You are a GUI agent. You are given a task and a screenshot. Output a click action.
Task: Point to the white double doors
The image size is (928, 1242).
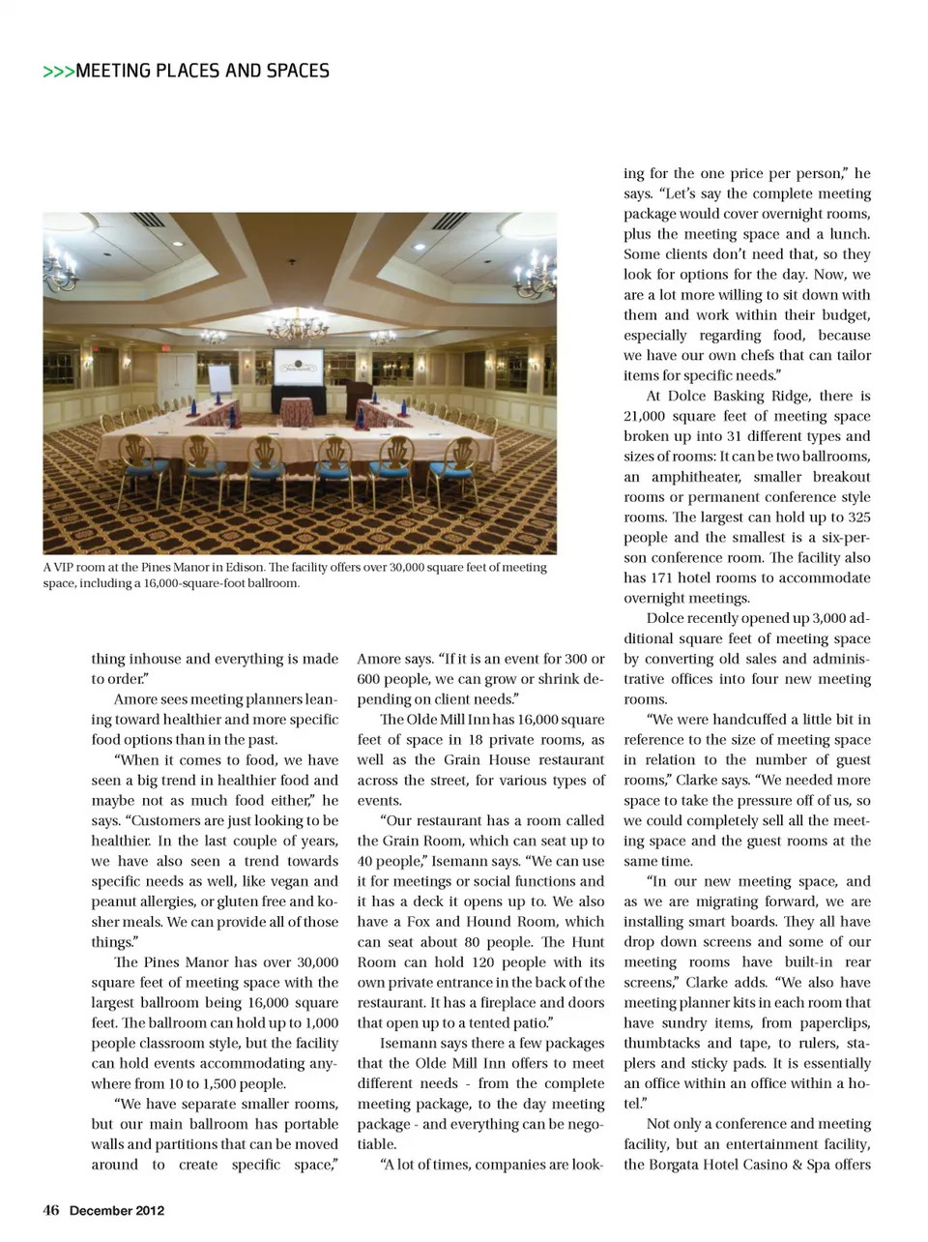pos(177,378)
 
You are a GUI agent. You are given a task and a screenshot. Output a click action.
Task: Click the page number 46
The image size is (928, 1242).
pos(51,1210)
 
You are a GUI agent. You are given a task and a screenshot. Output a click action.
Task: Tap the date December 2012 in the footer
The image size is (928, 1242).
pos(117,1210)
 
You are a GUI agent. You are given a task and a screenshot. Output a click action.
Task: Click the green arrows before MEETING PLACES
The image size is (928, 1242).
pos(58,72)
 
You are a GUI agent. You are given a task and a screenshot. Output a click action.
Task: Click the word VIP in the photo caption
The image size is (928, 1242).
pos(68,568)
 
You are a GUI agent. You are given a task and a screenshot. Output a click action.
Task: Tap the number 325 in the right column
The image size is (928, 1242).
pos(854,517)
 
